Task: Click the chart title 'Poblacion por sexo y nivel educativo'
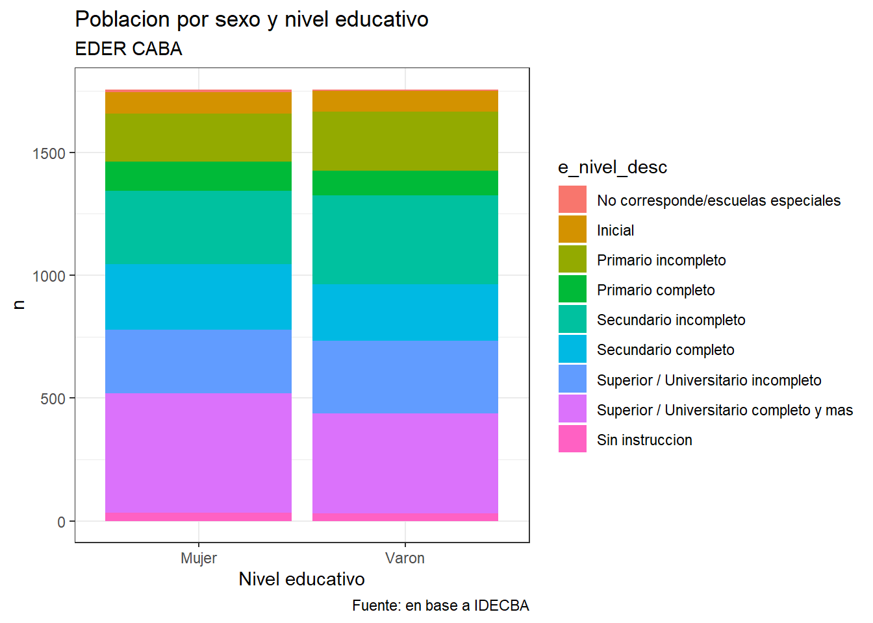click(251, 19)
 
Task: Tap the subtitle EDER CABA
click(129, 49)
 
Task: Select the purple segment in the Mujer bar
click(198, 452)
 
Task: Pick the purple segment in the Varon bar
click(405, 463)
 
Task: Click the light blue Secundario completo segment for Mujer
click(198, 297)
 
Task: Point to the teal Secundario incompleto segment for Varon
click(405, 239)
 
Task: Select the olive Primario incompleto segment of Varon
click(405, 141)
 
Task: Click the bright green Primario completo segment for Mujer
click(198, 176)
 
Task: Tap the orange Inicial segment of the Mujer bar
click(198, 103)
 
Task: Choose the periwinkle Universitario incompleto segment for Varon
click(405, 377)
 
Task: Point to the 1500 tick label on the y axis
click(49, 154)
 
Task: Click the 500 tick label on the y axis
click(53, 399)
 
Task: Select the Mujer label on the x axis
click(199, 558)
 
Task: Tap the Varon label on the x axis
click(405, 558)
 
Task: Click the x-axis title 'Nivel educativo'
click(301, 579)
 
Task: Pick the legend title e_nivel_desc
click(613, 167)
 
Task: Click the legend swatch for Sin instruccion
click(572, 439)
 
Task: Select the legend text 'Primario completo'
click(655, 290)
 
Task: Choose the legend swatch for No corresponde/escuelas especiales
click(572, 200)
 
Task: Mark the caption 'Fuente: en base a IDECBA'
click(440, 605)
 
